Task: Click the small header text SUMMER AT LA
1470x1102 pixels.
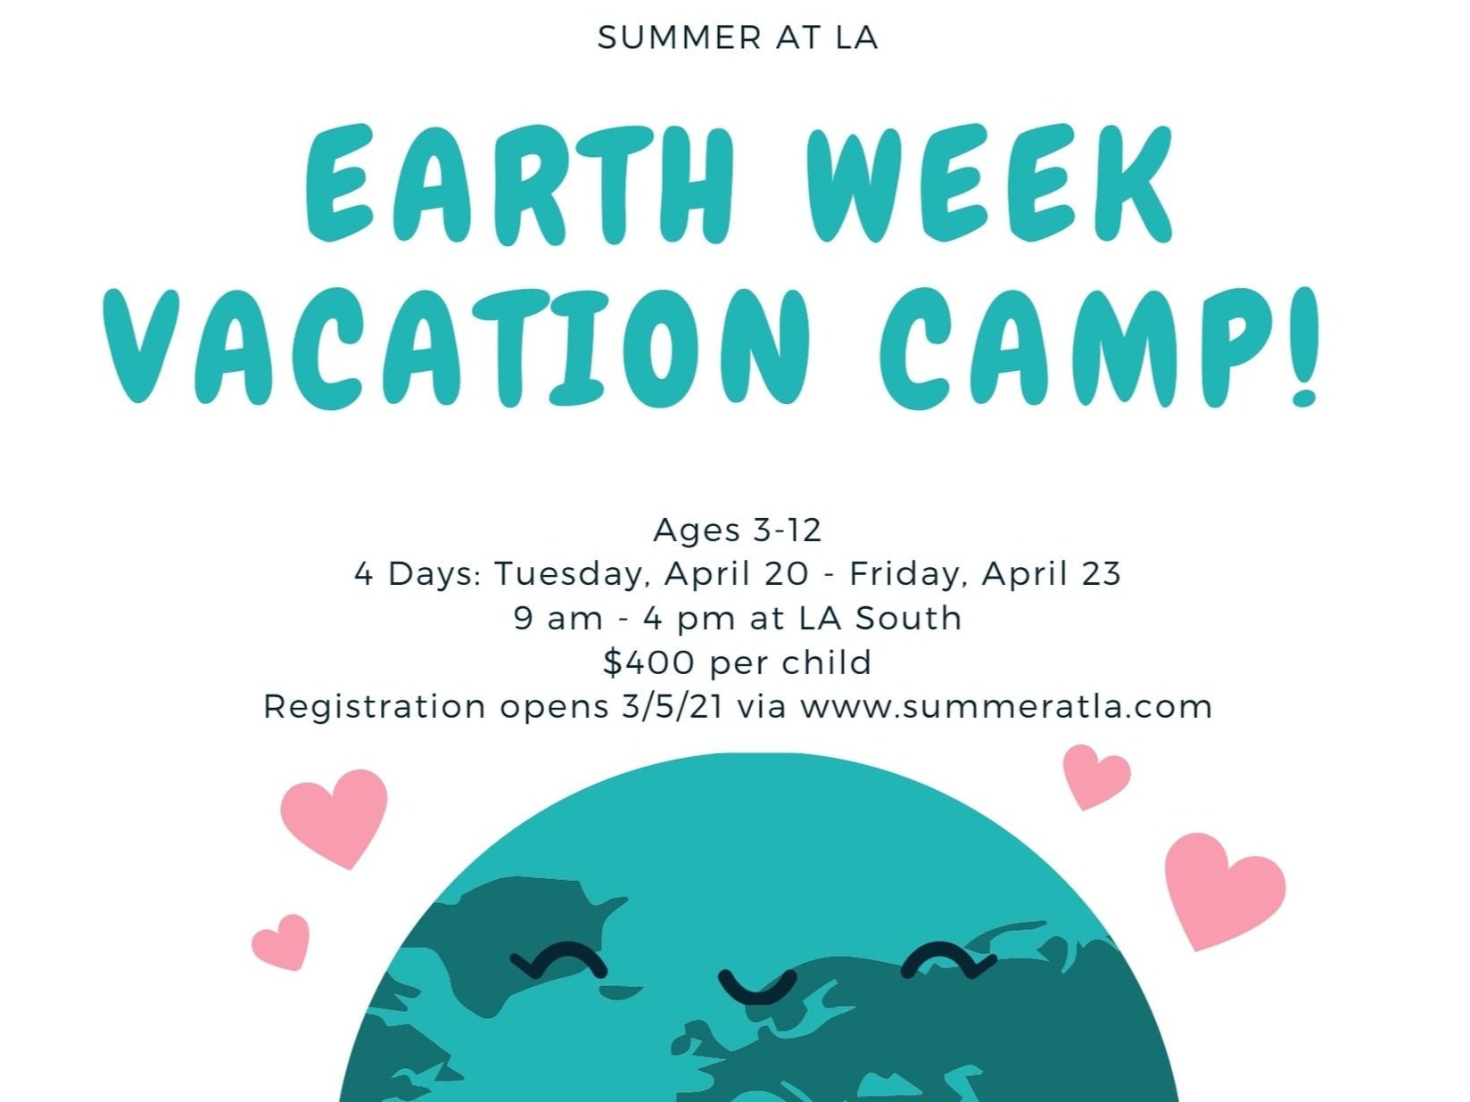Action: (x=738, y=37)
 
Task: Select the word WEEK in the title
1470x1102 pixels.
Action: (x=989, y=184)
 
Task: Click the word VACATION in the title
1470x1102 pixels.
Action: (x=456, y=347)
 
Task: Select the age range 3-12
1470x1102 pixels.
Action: (x=787, y=530)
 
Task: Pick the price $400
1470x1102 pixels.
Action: (x=648, y=662)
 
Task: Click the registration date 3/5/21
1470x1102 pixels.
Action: (x=673, y=707)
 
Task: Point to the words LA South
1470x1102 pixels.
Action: (x=880, y=618)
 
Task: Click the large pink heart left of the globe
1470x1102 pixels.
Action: (x=334, y=818)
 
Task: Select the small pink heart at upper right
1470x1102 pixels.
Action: (x=1096, y=777)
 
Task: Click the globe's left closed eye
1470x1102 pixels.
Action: (x=558, y=961)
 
